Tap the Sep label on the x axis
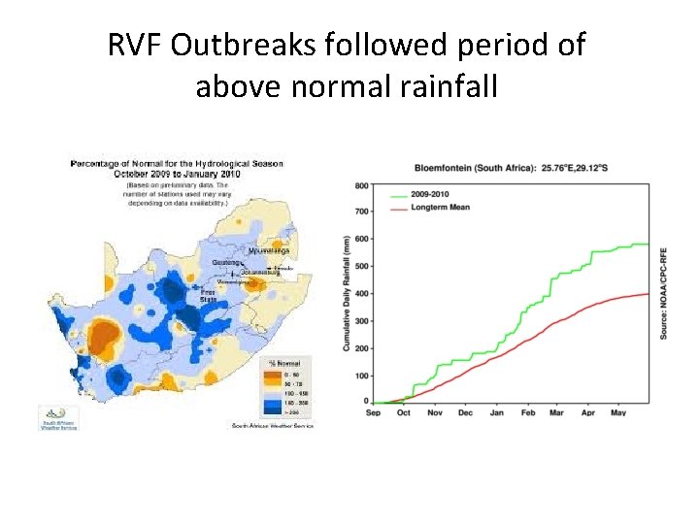coord(374,412)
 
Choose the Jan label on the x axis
coord(496,412)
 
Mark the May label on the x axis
coord(617,412)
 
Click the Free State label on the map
coord(208,295)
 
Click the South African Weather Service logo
coord(58,417)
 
